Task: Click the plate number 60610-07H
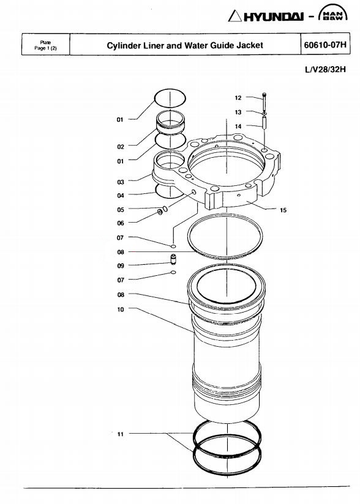click(x=325, y=45)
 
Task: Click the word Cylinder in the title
click(x=124, y=46)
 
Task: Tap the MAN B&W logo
click(x=332, y=13)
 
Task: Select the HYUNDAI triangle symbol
click(x=234, y=16)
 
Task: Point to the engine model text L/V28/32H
click(x=325, y=70)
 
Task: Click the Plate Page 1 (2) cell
click(x=46, y=45)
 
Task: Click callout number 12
click(x=238, y=98)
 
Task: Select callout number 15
click(x=283, y=210)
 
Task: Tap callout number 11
click(x=121, y=434)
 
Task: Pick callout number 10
click(x=121, y=309)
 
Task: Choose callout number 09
click(x=121, y=266)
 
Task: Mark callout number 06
click(x=121, y=223)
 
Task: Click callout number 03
click(x=121, y=182)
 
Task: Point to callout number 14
click(x=238, y=127)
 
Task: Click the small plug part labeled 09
click(x=174, y=259)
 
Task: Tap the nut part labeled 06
click(x=160, y=212)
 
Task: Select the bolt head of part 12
click(x=264, y=94)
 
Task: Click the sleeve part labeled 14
click(x=264, y=123)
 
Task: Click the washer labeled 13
click(x=264, y=114)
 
